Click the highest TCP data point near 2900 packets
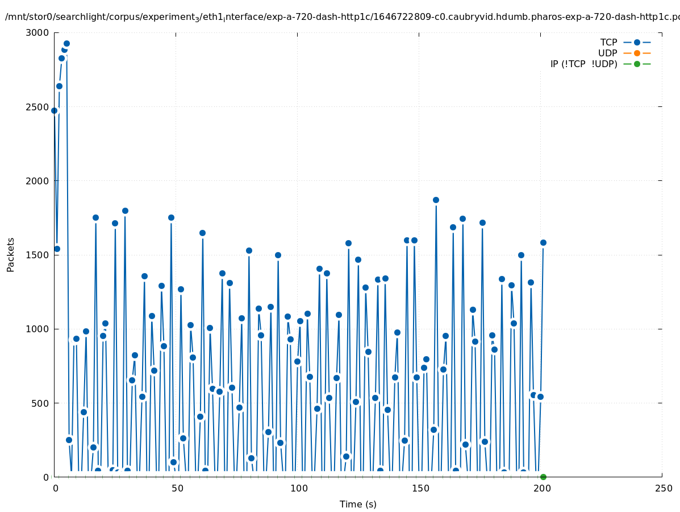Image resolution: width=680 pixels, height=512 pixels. (66, 43)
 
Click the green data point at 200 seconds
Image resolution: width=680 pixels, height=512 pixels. (543, 477)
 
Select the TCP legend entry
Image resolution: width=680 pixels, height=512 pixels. (608, 42)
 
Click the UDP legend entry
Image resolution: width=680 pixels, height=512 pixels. (607, 53)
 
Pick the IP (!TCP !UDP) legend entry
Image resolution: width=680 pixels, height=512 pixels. (583, 64)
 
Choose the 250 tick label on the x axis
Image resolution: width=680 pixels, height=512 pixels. (662, 489)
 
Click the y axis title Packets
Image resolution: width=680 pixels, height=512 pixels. (11, 255)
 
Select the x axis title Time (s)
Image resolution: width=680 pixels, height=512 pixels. (358, 504)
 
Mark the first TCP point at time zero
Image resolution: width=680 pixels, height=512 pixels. (54, 110)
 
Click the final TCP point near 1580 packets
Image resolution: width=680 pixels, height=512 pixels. (543, 242)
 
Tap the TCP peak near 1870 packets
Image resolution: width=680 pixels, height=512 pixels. (436, 200)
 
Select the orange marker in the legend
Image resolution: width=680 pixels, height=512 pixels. (637, 53)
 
